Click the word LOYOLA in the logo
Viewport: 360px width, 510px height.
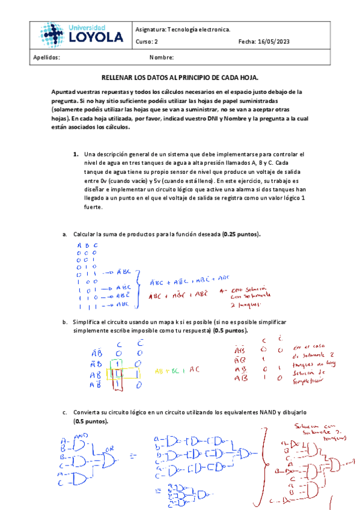click(96, 38)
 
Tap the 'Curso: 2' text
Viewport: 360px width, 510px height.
click(147, 41)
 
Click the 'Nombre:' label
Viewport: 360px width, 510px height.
click(161, 58)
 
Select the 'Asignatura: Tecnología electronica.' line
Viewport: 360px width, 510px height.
click(182, 29)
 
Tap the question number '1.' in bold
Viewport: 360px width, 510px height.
click(76, 154)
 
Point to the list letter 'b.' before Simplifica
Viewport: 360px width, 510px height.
click(65, 323)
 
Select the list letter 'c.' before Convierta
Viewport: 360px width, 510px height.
click(65, 414)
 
